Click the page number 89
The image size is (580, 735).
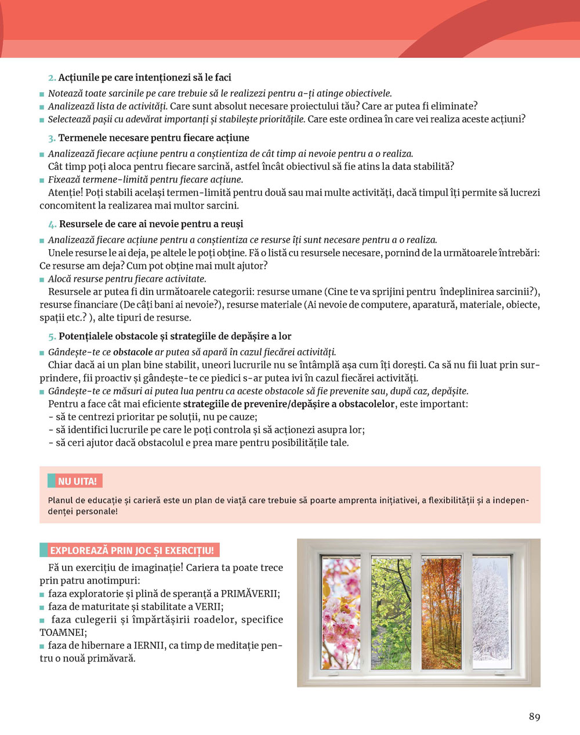click(x=534, y=716)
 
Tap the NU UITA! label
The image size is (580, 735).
click(x=77, y=481)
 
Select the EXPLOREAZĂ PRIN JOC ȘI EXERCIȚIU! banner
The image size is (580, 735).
click(x=131, y=551)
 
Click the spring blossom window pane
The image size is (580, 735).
click(x=340, y=613)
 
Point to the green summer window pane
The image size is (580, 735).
click(x=390, y=613)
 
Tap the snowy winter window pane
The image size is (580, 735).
click(x=491, y=613)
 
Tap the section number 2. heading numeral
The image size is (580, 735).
click(x=52, y=78)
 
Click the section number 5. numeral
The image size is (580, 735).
click(x=52, y=337)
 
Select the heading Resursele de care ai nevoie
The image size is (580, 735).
click(x=151, y=224)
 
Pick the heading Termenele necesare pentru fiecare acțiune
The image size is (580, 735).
click(x=154, y=138)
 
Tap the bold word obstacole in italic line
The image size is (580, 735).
click(x=133, y=352)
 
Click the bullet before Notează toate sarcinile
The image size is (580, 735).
click(x=42, y=94)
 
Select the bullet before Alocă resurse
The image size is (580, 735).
click(x=42, y=279)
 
